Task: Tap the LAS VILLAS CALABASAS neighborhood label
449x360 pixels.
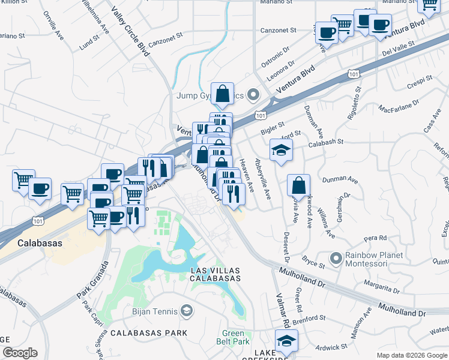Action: (215, 274)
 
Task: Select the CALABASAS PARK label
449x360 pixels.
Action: (148, 332)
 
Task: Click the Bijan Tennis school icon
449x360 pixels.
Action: (187, 310)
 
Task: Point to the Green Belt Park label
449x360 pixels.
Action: (233, 337)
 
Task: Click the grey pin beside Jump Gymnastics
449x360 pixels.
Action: (253, 95)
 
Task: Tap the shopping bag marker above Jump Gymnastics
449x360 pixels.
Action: (222, 94)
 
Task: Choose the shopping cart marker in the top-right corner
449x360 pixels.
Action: (429, 5)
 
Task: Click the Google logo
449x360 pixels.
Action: (19, 353)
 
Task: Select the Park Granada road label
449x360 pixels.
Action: (92, 281)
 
